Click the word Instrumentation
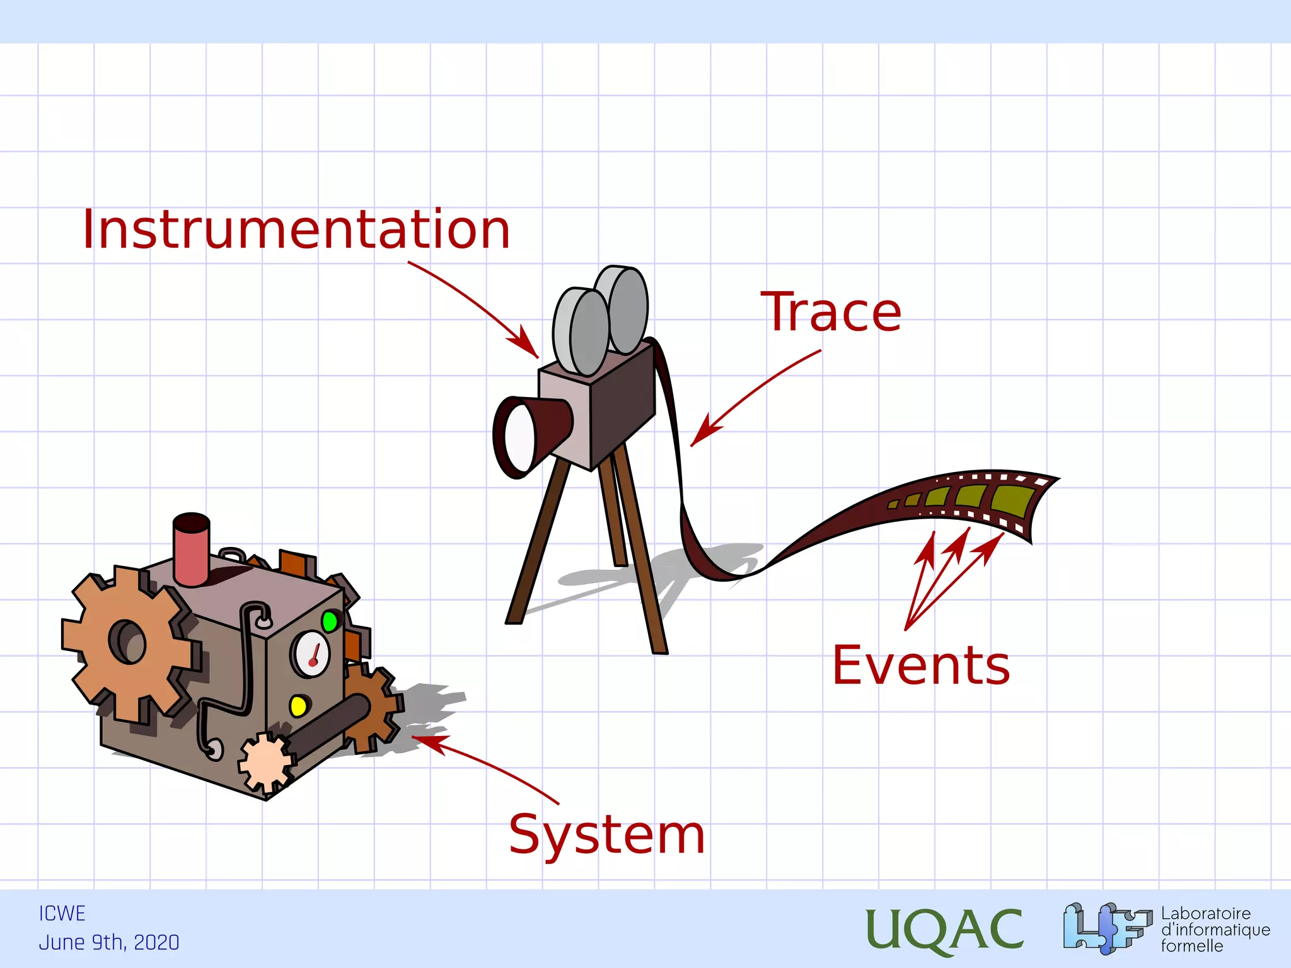coord(296,229)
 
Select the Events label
coord(921,665)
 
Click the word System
coord(606,834)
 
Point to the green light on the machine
coord(329,621)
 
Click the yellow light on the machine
coord(298,705)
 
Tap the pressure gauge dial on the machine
coord(311,654)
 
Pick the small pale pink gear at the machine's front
coord(265,763)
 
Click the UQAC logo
coord(944,929)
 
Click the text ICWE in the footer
coord(62,913)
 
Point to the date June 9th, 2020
coord(109,942)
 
